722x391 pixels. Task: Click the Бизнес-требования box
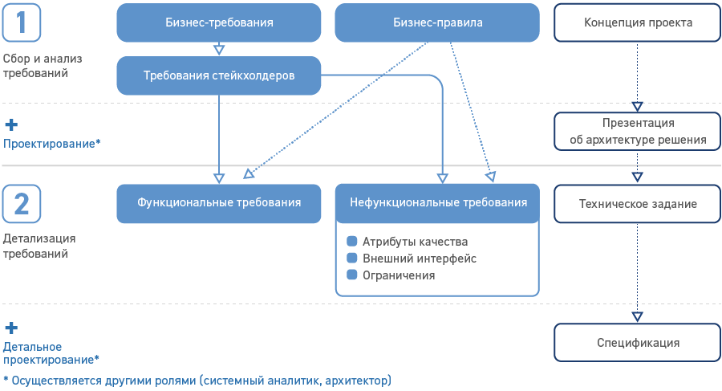click(x=219, y=23)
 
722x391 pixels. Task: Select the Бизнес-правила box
click(x=437, y=23)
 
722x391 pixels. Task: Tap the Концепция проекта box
click(x=638, y=23)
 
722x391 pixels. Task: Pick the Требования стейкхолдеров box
click(x=219, y=75)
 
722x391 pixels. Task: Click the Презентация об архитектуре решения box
click(x=638, y=132)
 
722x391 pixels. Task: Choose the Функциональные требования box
click(x=219, y=203)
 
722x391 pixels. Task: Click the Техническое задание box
click(x=638, y=204)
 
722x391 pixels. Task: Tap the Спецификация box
click(x=638, y=343)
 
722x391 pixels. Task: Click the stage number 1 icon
click(x=22, y=22)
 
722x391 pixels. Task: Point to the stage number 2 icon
click(x=22, y=204)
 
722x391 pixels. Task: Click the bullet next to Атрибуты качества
click(x=351, y=242)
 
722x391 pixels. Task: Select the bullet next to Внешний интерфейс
click(x=351, y=259)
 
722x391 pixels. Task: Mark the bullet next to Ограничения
click(x=351, y=275)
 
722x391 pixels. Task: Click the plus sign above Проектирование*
click(x=11, y=125)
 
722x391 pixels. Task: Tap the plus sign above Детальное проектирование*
click(x=11, y=328)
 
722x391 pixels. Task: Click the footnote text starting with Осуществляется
click(x=197, y=379)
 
